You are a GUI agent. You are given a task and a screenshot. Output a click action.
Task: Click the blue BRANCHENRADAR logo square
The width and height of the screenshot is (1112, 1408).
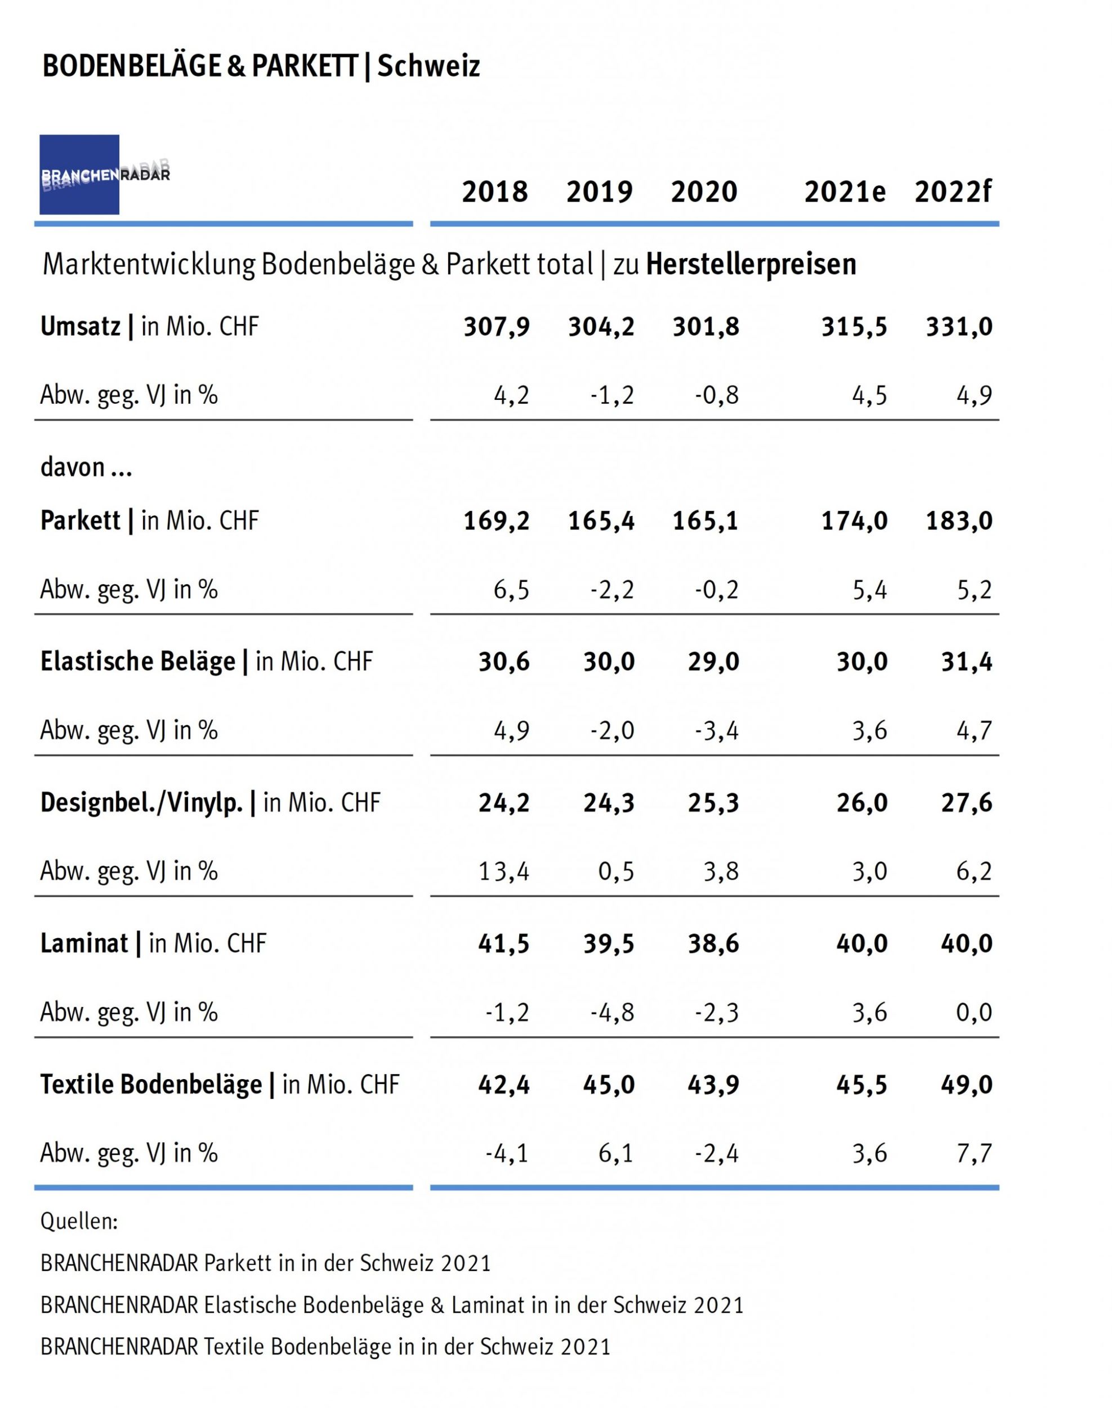coord(79,175)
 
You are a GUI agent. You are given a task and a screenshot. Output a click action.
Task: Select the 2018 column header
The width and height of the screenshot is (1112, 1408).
coord(495,192)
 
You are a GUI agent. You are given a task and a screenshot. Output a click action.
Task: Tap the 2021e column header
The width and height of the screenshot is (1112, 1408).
coord(845,192)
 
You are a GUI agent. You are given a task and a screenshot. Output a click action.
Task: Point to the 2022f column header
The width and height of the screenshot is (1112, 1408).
coord(953,192)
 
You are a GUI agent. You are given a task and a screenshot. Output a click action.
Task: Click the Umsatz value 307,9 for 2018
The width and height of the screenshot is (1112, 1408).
coord(497,327)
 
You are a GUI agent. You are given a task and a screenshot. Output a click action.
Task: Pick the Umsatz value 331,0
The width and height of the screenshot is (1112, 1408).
coord(959,327)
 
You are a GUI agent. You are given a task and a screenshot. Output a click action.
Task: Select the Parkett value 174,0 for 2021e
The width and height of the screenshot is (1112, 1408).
coord(854,521)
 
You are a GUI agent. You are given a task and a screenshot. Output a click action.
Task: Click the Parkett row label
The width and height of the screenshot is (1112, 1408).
coord(149,521)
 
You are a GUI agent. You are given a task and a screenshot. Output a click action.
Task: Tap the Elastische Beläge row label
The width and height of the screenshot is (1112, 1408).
coord(207,662)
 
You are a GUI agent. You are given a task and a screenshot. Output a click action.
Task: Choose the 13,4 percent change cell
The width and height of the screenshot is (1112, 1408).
coord(503,871)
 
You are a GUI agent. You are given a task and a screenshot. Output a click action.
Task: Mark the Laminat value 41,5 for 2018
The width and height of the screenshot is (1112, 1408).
coord(503,944)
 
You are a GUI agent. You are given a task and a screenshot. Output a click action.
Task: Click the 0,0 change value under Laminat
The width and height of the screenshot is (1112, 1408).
coord(974,1013)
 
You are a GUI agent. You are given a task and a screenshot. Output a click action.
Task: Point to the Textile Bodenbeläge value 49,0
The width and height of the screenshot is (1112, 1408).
coord(966,1085)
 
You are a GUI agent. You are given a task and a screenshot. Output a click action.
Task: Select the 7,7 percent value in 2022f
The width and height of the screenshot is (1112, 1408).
coord(974,1153)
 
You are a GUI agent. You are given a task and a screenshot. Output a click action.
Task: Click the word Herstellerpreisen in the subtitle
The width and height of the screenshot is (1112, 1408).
coord(751,264)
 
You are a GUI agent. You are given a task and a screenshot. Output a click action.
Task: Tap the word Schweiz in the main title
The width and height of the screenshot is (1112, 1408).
coord(428,66)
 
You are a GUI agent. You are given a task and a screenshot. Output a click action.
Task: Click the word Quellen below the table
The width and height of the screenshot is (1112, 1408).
coord(79,1222)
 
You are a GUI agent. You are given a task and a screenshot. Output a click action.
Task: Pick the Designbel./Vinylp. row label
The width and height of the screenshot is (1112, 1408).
coord(209,803)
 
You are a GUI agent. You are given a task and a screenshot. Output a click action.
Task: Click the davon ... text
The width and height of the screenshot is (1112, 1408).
coord(86,467)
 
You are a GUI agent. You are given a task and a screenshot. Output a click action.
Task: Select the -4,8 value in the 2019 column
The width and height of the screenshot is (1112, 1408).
coord(612,1013)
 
